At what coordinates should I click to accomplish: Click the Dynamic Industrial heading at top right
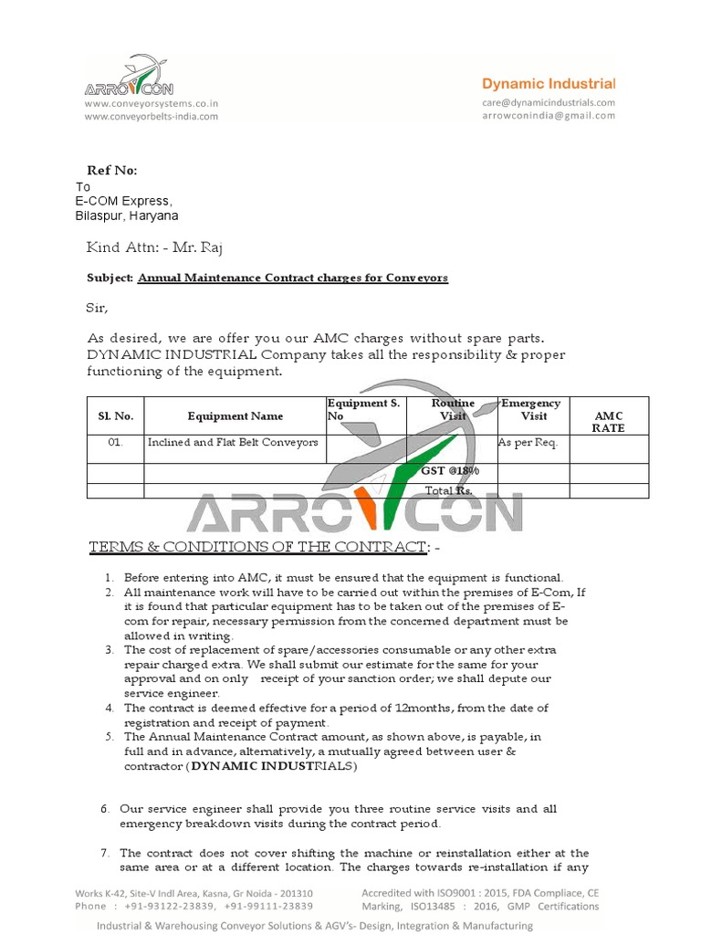[x=549, y=83]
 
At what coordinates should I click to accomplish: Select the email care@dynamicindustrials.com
[x=549, y=103]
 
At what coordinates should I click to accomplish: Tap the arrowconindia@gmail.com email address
[x=549, y=115]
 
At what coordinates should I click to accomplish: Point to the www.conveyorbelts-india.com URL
[x=151, y=116]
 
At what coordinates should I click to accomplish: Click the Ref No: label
[x=111, y=171]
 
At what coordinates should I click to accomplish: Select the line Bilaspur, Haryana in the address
[x=126, y=216]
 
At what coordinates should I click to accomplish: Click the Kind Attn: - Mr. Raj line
[x=154, y=247]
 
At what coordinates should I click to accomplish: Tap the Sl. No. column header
[x=116, y=416]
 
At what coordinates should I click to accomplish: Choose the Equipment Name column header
[x=235, y=416]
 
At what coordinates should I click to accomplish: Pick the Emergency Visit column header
[x=533, y=410]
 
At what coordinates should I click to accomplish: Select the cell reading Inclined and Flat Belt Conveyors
[x=233, y=442]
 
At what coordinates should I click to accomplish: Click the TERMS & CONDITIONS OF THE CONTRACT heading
[x=256, y=547]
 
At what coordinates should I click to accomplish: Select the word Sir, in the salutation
[x=97, y=309]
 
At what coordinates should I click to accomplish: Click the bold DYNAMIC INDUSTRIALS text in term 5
[x=273, y=767]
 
